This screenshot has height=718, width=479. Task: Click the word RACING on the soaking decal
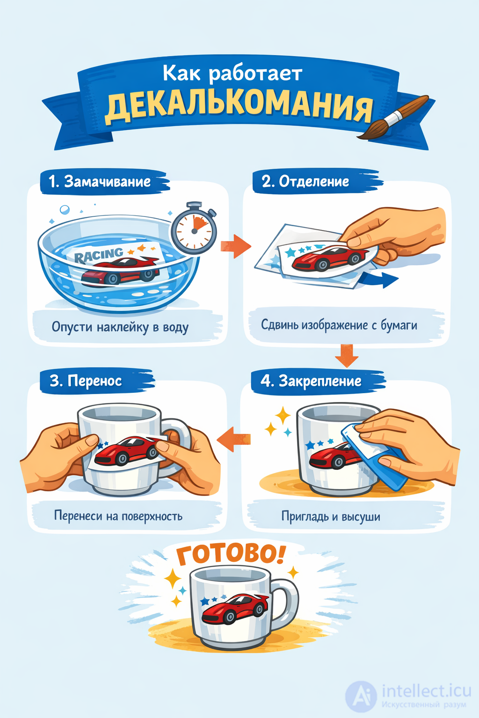point(99,255)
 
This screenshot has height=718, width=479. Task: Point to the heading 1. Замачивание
point(100,182)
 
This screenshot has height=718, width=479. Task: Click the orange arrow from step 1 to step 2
point(235,246)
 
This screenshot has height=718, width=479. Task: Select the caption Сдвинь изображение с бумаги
point(339,325)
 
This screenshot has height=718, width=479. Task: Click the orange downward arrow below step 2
point(347,356)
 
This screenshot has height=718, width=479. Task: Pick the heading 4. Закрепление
point(311,381)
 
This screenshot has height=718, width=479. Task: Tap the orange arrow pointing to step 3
point(234,439)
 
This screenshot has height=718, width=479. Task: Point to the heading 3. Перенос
point(86,381)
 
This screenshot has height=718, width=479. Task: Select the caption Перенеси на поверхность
point(118,516)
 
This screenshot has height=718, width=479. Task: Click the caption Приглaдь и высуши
point(331,517)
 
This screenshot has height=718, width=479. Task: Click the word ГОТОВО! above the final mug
point(230,554)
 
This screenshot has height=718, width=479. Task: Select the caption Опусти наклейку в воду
point(120,327)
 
